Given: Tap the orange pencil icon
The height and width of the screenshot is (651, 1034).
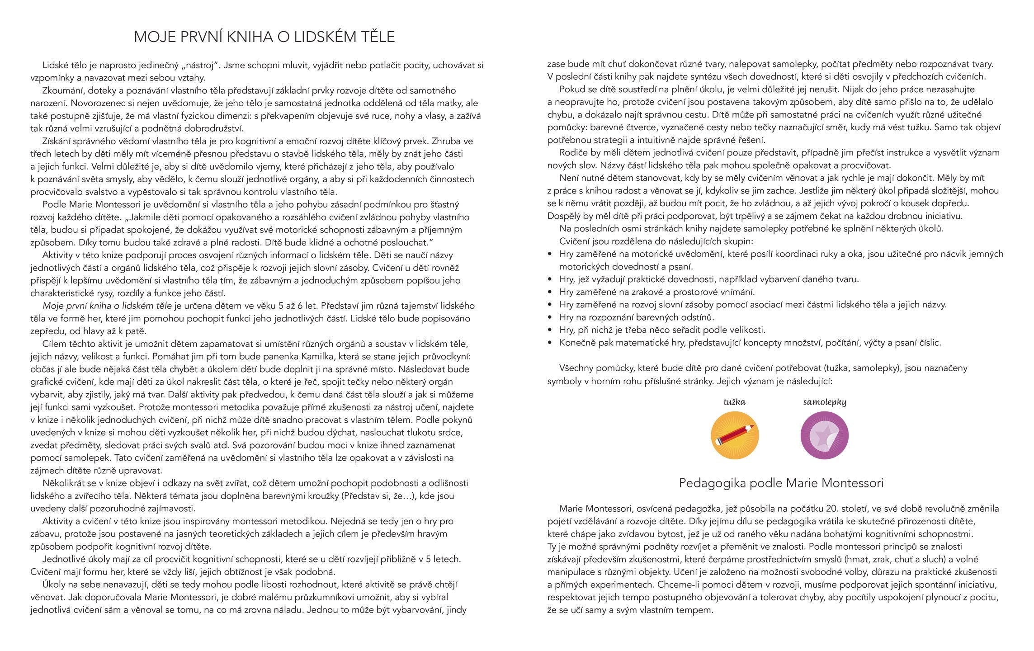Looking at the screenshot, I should click(x=735, y=435).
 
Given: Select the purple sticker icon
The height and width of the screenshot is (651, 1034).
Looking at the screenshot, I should click(x=824, y=435).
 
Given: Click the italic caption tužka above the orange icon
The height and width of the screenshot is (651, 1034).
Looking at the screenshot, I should click(x=734, y=402).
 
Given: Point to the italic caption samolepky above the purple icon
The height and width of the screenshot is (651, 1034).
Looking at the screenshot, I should click(x=825, y=402).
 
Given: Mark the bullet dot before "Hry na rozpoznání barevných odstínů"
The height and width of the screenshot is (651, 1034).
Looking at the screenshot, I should click(x=549, y=317).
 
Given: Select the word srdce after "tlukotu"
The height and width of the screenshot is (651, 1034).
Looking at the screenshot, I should click(x=452, y=432).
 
